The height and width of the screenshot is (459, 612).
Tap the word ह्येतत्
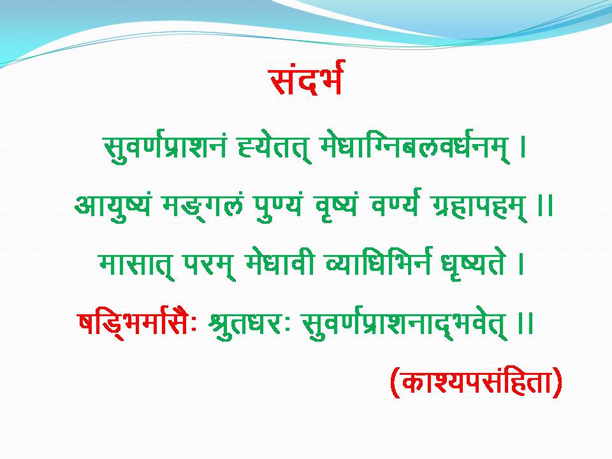click(x=274, y=149)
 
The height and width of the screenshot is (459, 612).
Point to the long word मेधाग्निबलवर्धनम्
click(x=414, y=148)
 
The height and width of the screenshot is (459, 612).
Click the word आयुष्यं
click(x=112, y=205)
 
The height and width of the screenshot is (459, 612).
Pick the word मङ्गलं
click(x=203, y=205)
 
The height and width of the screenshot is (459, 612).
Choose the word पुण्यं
click(x=279, y=206)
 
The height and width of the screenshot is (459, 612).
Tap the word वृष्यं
click(x=335, y=206)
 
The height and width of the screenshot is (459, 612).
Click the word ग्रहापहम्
click(x=481, y=206)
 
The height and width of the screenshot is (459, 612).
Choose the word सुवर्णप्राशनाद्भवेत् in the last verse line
click(x=405, y=324)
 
